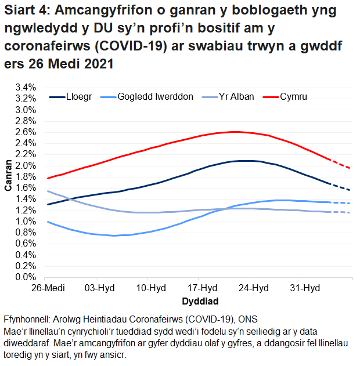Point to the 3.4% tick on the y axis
(27, 87)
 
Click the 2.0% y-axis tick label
(27, 165)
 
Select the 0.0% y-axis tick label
(27, 277)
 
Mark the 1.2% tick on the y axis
(27, 210)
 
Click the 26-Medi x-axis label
(46, 288)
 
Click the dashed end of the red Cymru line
(342, 164)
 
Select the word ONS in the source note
(249, 320)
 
